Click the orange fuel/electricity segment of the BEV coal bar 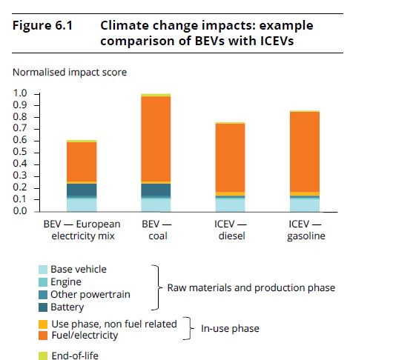pyautogui.click(x=156, y=139)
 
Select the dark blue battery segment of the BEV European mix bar pyautogui.click(x=82, y=190)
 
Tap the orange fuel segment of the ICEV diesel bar pyautogui.click(x=231, y=158)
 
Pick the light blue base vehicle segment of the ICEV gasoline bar pyautogui.click(x=305, y=205)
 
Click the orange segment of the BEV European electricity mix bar pyautogui.click(x=82, y=162)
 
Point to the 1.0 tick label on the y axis pyautogui.click(x=20, y=93)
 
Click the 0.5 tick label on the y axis pyautogui.click(x=20, y=152)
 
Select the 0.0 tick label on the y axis pyautogui.click(x=20, y=211)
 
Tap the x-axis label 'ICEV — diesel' pyautogui.click(x=231, y=230)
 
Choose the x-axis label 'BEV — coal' pyautogui.click(x=157, y=230)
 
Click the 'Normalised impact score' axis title pyautogui.click(x=70, y=72)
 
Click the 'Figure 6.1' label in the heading pyautogui.click(x=42, y=25)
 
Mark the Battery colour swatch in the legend pyautogui.click(x=43, y=307)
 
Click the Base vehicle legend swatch pyautogui.click(x=43, y=270)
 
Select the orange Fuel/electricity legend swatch pyautogui.click(x=43, y=336)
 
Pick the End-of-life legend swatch pyautogui.click(x=43, y=356)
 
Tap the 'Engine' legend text pyautogui.click(x=66, y=282)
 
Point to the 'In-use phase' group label pyautogui.click(x=230, y=328)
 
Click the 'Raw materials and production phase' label pyautogui.click(x=251, y=288)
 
